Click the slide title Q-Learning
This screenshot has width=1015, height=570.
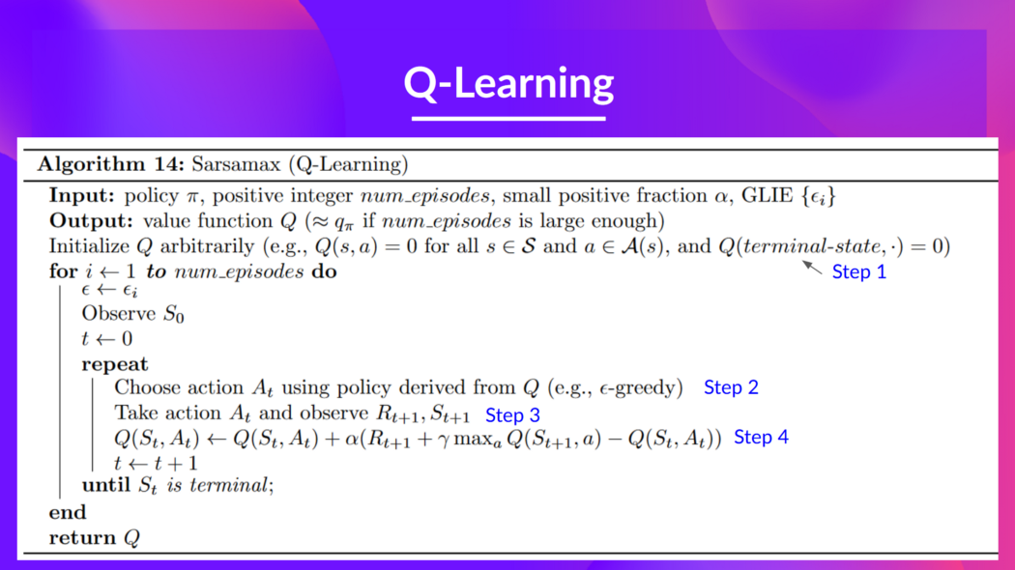point(508,83)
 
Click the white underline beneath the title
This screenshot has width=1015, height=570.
point(508,118)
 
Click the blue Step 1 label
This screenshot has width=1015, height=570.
point(858,272)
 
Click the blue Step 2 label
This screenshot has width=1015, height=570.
point(731,387)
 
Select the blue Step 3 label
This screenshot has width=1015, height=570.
point(512,415)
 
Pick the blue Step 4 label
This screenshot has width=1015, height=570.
point(761,438)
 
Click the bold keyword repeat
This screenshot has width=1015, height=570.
point(115,364)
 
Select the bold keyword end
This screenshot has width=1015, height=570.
point(68,512)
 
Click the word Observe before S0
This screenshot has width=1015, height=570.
point(118,314)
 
